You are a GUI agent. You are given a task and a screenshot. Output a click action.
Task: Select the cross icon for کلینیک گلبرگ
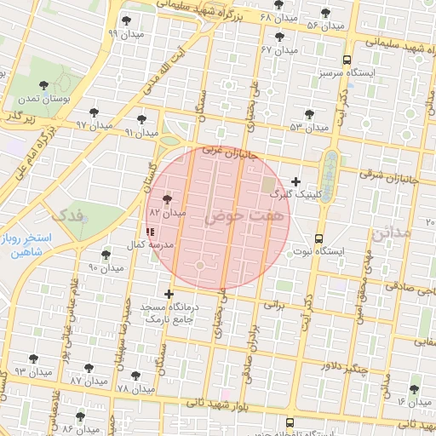(295, 181)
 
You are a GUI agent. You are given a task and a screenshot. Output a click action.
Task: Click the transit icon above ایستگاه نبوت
(318, 238)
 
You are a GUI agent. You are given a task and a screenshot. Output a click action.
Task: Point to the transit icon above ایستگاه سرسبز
(347, 60)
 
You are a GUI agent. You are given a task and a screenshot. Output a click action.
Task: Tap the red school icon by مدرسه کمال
(151, 231)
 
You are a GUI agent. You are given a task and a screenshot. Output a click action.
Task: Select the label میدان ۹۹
(124, 34)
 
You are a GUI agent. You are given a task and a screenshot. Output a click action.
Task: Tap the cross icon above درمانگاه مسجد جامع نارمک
(169, 294)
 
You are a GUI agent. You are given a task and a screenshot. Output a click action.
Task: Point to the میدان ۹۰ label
(106, 268)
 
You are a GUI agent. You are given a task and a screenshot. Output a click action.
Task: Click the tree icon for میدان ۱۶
(414, 389)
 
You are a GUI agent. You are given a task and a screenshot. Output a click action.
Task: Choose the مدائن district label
(392, 231)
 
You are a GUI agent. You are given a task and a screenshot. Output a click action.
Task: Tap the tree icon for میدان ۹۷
(94, 112)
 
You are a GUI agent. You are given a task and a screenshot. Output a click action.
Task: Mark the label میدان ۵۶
(325, 26)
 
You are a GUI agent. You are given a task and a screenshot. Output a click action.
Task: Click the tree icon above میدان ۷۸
(135, 376)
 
